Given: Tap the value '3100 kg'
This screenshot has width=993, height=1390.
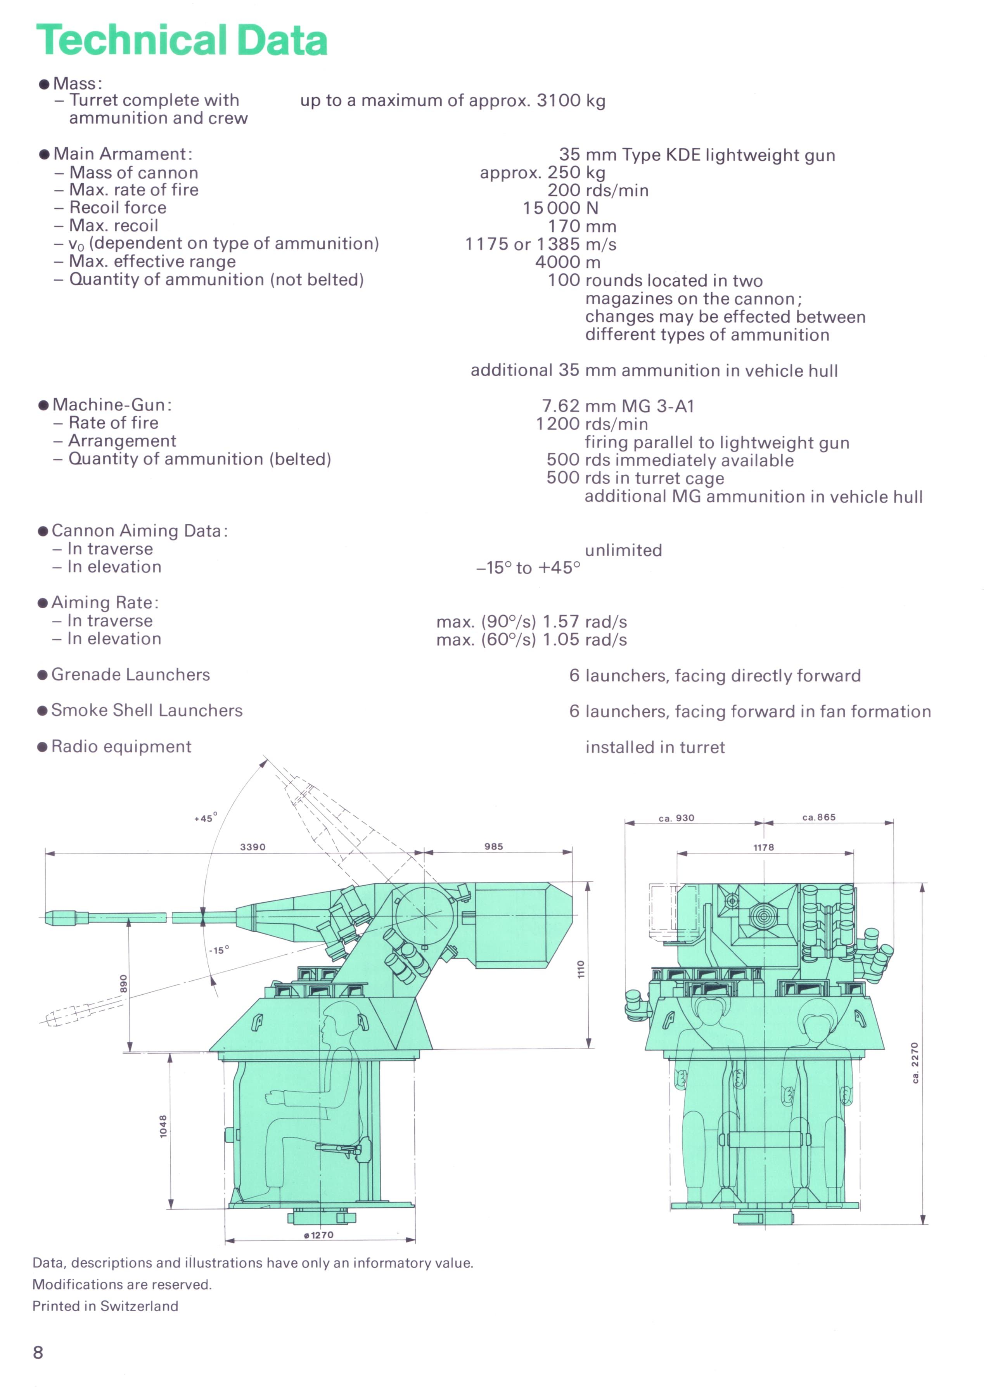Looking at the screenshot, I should point(571,100).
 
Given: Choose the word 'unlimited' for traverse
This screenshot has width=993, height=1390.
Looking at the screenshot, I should point(623,550).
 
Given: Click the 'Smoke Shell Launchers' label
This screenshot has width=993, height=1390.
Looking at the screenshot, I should point(147,711).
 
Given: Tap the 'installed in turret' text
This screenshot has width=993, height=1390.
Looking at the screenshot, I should point(655,747).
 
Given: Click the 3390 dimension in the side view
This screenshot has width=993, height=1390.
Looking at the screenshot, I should point(253,847).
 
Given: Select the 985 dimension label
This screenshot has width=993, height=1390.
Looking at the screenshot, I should point(493,846).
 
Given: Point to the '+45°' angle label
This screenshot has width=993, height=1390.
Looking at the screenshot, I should point(206,818).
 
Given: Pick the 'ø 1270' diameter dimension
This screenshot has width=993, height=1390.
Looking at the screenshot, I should point(318,1235).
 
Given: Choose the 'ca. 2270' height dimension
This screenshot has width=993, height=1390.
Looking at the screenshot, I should point(915,1063).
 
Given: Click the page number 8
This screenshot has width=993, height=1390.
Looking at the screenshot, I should point(38,1352).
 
